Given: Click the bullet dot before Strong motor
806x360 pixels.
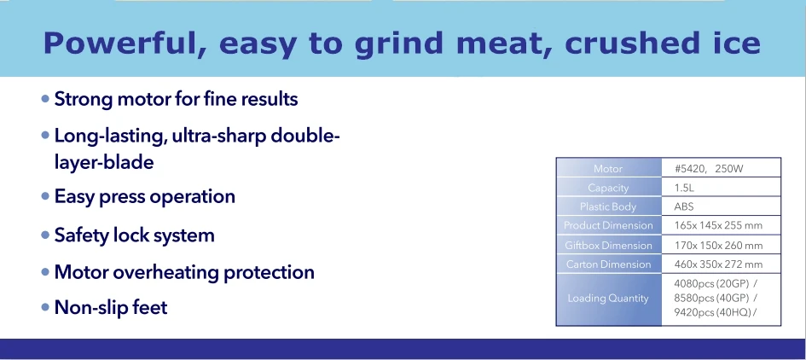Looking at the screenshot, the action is (45, 98).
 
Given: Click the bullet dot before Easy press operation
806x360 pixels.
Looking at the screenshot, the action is (45, 196).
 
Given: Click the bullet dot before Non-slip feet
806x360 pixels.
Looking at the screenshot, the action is (45, 308).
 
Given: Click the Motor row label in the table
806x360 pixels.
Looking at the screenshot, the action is (607, 169).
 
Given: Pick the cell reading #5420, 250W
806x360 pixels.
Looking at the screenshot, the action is (709, 169).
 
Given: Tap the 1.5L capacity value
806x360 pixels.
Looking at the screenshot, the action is (684, 188).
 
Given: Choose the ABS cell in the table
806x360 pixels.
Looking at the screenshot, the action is (684, 206).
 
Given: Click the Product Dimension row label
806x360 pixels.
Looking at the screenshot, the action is (608, 225).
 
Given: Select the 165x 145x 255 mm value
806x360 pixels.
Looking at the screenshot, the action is (718, 225).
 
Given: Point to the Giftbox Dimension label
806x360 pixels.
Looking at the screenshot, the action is (608, 246).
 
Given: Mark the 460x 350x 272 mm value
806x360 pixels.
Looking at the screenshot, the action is (718, 264).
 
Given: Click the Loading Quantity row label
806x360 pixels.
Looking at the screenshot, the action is (608, 299).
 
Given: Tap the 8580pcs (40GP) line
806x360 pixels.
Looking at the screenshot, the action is (716, 298).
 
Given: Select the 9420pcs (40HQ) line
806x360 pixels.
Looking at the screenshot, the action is (716, 312).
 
